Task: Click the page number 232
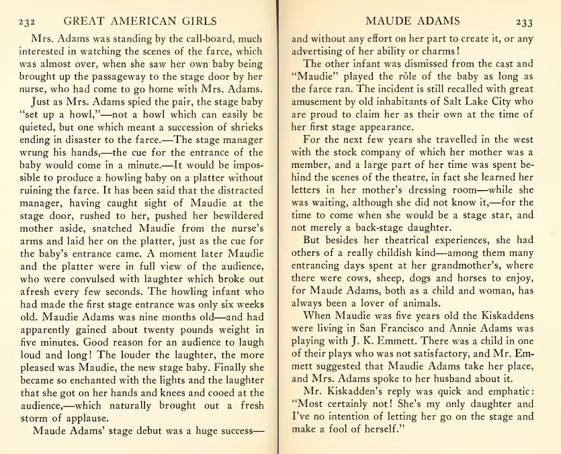27,21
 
